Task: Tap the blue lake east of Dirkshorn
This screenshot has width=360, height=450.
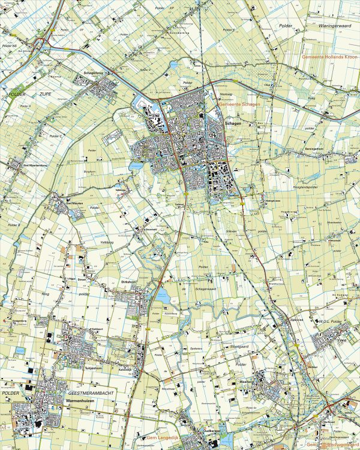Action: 161,295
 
